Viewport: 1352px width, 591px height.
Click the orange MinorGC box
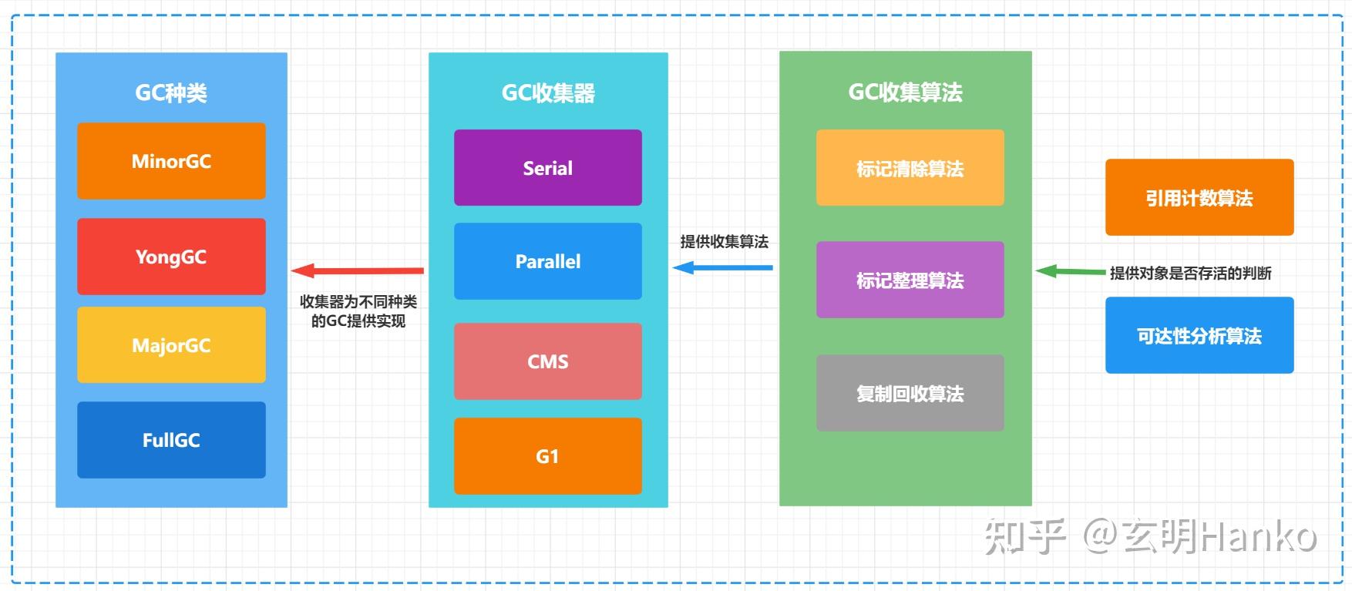171,161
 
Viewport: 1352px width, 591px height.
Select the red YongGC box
171,257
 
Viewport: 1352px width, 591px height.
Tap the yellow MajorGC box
171,345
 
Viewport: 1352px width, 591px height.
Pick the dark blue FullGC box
171,440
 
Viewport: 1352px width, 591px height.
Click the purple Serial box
547,168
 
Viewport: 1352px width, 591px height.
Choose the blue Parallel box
547,261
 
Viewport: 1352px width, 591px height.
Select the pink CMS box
547,361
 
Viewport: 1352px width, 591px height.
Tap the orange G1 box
547,456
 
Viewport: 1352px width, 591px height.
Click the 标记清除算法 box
910,168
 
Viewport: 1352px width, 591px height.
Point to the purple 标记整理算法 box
910,280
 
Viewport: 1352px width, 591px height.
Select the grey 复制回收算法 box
910,393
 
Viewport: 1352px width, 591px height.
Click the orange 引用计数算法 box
1199,197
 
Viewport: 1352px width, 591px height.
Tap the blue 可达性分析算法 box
1199,335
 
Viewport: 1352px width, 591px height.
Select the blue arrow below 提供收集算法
722,267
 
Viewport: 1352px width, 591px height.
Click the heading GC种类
171,93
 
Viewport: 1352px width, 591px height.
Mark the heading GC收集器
548,93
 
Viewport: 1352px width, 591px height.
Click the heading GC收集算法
905,92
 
